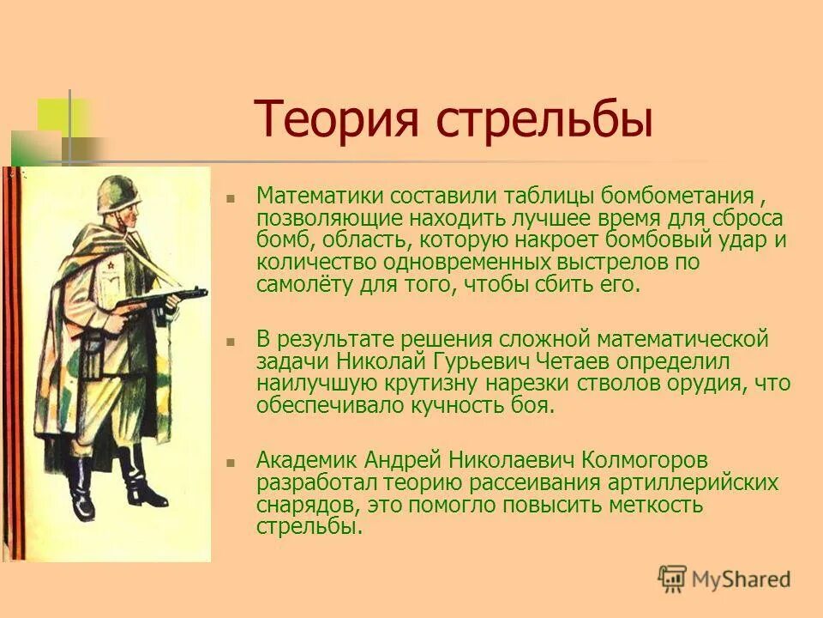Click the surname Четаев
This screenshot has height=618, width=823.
tap(555, 360)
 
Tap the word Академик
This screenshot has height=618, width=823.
tap(308, 461)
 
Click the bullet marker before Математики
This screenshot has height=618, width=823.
tap(230, 197)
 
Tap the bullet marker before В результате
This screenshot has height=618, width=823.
tap(230, 341)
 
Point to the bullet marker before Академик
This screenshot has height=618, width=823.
tap(230, 463)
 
